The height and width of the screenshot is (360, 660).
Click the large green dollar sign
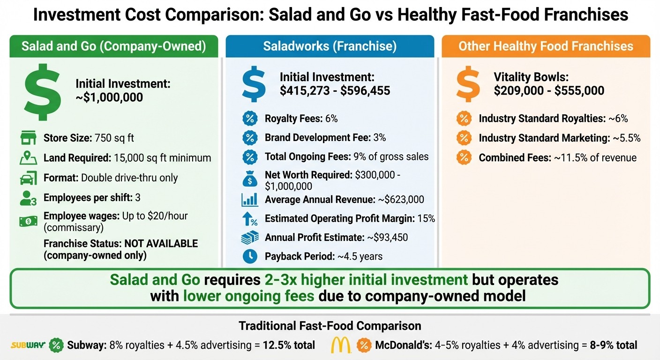point(43,92)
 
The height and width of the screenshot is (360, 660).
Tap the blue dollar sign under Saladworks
point(253,83)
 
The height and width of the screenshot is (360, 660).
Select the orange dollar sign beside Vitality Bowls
point(468,84)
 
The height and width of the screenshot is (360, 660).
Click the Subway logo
point(28,345)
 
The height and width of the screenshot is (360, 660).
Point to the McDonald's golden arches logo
point(341,345)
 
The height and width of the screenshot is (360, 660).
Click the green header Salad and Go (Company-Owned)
point(114,46)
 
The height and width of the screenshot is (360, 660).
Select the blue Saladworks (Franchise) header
point(330,46)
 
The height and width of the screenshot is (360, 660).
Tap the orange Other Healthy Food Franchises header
point(546,46)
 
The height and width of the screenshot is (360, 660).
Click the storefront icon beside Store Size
point(28,138)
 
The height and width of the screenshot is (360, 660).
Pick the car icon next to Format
point(28,178)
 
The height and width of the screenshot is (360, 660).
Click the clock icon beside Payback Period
point(249,256)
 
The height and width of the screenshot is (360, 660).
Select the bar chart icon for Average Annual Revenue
point(249,200)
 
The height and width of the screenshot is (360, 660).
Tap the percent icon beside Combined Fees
point(464,158)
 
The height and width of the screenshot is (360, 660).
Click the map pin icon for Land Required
point(28,158)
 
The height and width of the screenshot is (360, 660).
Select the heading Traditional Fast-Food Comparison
point(330,326)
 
